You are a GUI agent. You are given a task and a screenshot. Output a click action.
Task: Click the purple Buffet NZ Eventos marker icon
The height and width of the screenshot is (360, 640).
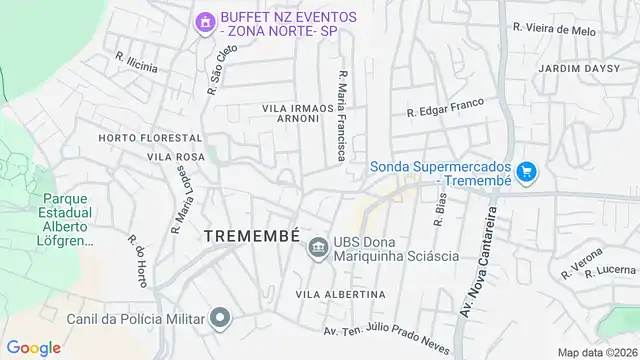click(x=205, y=21)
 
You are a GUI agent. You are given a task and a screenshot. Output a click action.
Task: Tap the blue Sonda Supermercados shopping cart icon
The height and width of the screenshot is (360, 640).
click(x=527, y=172)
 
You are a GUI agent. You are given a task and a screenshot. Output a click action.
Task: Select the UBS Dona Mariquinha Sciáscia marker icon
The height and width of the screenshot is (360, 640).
click(x=318, y=247)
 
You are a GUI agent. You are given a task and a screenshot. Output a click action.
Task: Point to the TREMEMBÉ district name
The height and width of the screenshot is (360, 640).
click(x=251, y=235)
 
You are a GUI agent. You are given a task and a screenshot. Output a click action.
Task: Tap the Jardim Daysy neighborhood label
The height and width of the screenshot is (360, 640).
click(x=572, y=68)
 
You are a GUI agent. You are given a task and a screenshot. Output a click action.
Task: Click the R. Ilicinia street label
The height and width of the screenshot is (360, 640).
click(x=136, y=62)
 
